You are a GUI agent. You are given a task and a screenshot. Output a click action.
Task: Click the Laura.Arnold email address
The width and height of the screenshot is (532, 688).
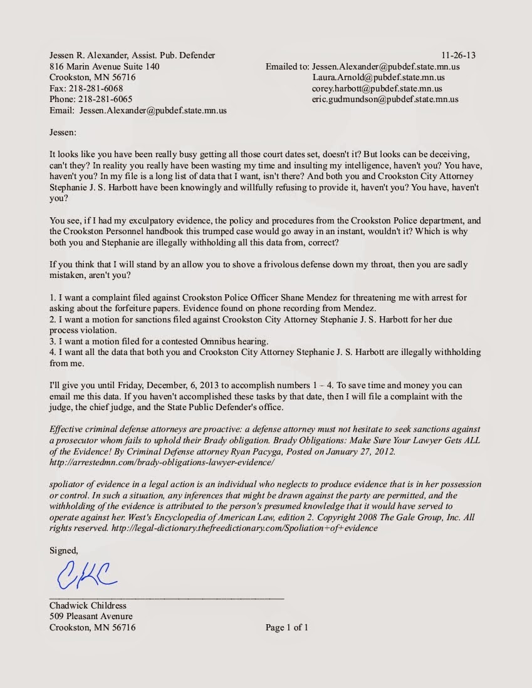coord(378,78)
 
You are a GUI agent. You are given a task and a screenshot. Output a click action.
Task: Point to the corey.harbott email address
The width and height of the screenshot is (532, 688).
coord(377,88)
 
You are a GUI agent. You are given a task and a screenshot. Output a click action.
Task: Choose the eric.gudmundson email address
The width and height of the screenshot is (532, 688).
coord(385,99)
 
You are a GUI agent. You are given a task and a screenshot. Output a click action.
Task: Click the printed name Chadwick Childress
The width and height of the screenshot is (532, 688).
coord(88,605)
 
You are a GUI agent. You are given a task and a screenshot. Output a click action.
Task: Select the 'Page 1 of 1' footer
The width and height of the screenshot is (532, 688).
coord(286,627)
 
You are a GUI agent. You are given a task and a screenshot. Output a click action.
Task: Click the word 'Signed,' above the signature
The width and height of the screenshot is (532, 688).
coord(64,550)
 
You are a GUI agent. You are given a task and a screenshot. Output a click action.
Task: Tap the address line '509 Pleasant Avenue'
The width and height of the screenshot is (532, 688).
coord(91,617)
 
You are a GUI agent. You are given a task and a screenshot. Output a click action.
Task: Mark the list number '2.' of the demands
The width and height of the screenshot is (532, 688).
coord(53,319)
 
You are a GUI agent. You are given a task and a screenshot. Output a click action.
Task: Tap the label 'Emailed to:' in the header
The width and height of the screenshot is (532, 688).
coord(287,66)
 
